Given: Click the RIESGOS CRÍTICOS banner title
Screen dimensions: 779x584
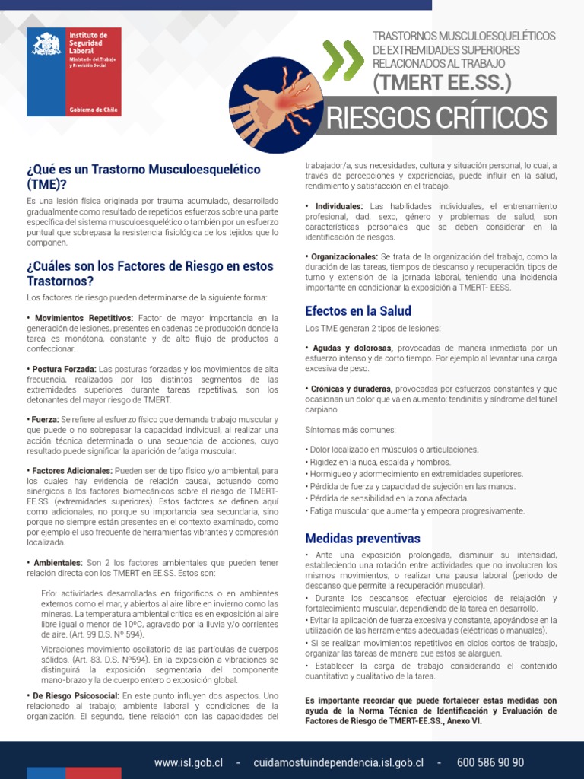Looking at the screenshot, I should click(x=436, y=118).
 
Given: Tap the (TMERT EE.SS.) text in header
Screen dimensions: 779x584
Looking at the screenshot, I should click(x=441, y=82).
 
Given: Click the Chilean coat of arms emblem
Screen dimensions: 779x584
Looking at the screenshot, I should click(x=46, y=45).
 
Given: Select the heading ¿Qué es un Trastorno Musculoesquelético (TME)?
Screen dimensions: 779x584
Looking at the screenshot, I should click(x=143, y=176).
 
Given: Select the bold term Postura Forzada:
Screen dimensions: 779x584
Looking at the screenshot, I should click(x=64, y=370).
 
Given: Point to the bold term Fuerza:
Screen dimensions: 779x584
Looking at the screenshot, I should click(x=44, y=420).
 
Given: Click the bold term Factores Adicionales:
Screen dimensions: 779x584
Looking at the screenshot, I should click(x=71, y=471).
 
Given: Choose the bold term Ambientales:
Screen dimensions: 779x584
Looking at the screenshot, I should click(x=59, y=562).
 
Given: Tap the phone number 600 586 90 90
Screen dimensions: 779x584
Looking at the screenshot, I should click(x=490, y=762).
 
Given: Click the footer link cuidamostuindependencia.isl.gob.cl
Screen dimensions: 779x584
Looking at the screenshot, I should click(x=338, y=762).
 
